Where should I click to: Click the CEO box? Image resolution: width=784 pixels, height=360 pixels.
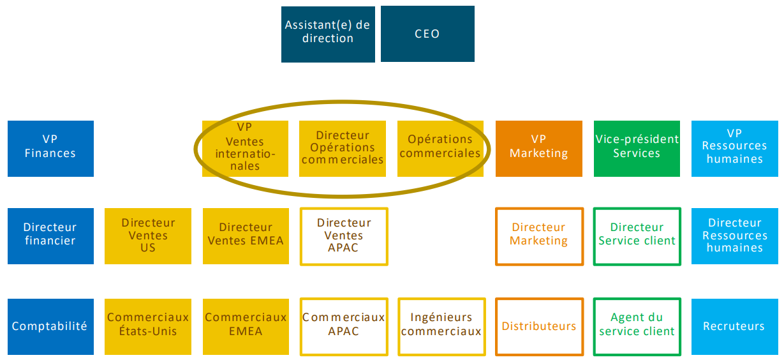427,34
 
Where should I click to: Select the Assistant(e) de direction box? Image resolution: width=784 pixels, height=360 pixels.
328,34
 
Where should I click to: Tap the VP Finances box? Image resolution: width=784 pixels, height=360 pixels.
50,148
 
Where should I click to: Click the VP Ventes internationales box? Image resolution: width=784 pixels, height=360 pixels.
246,148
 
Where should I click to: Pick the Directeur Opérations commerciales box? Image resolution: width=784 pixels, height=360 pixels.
343,148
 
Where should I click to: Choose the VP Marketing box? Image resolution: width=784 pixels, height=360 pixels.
538,148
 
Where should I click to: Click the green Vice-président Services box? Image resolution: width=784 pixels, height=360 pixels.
637,148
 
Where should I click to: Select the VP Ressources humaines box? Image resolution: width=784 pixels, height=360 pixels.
734,148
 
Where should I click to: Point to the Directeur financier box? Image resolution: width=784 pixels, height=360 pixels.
50,236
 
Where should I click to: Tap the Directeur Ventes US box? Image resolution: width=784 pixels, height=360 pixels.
148,236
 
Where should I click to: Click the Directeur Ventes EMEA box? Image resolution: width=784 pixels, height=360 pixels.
246,236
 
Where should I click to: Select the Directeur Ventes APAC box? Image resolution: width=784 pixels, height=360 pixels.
344,236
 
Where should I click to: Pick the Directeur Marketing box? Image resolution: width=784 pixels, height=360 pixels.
539,236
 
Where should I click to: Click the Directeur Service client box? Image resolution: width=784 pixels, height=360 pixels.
637,236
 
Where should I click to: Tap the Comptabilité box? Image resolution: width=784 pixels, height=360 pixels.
50,326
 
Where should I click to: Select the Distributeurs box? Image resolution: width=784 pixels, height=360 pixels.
539,326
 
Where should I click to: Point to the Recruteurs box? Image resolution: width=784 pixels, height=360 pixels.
734,326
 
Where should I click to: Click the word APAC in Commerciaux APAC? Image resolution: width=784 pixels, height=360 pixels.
344,332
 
